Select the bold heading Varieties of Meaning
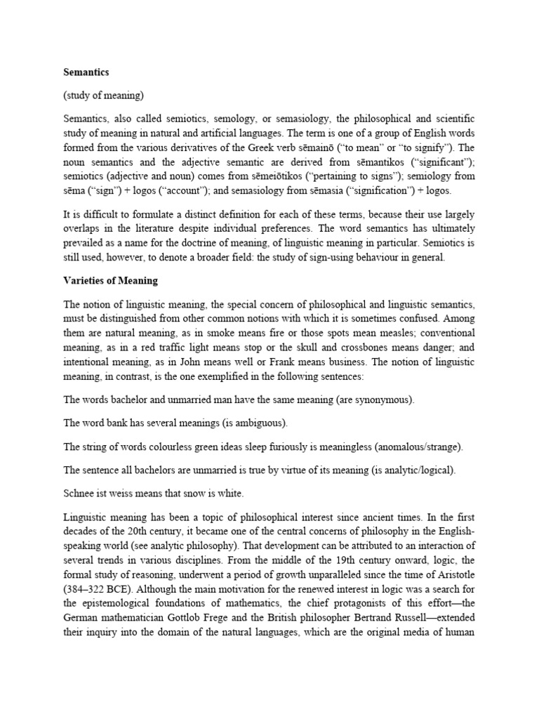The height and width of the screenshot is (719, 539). pos(110,281)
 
